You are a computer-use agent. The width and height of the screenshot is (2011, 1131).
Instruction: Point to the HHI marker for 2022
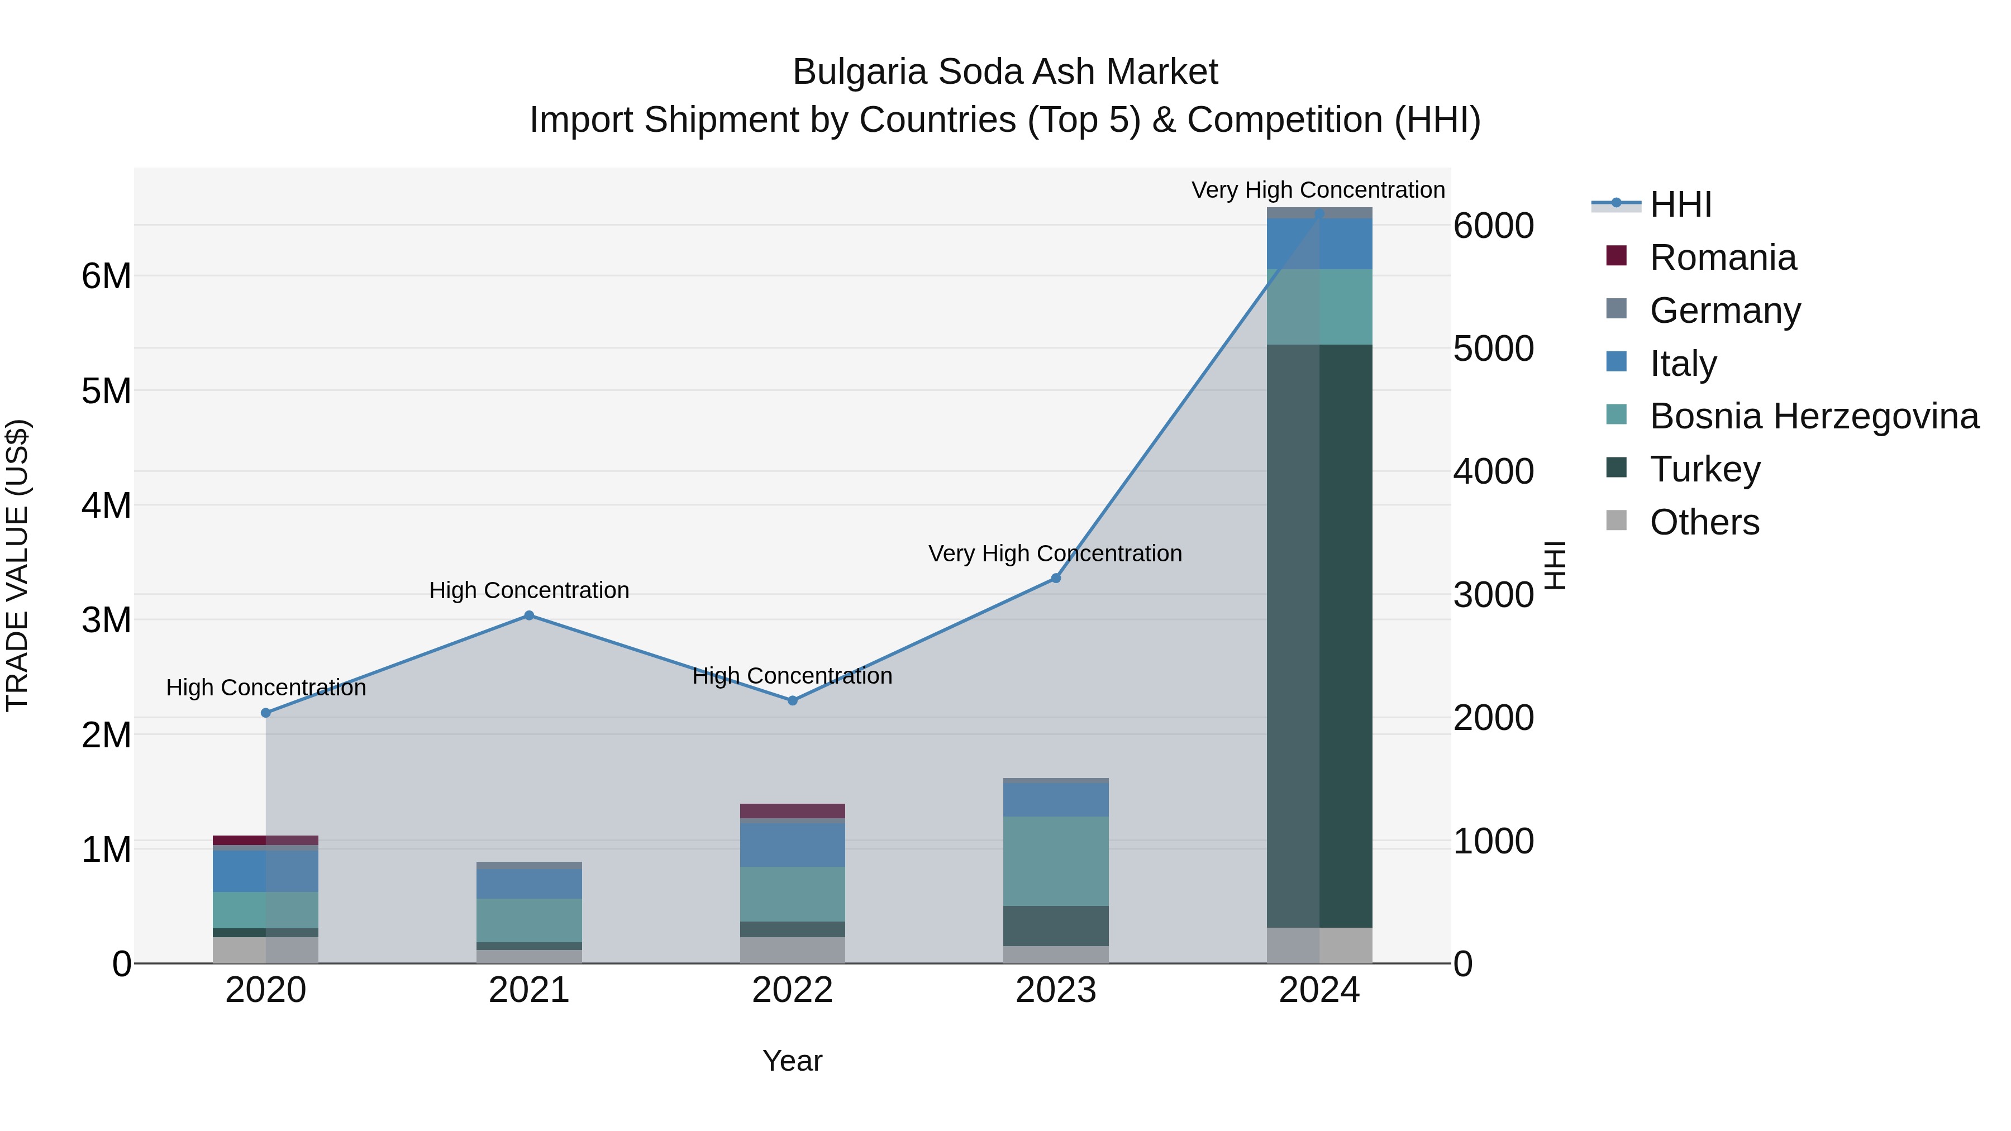[x=792, y=701]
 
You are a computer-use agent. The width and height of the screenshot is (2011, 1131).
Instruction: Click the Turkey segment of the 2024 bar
[x=1319, y=636]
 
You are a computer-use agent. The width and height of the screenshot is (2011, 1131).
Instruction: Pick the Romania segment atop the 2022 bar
[x=792, y=811]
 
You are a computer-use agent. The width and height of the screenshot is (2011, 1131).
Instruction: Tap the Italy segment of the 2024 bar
[x=1319, y=244]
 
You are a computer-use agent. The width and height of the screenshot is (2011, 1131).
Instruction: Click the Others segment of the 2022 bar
[x=792, y=950]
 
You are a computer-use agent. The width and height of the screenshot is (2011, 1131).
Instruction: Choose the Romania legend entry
[x=1722, y=257]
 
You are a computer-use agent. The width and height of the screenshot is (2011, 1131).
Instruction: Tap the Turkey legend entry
[x=1704, y=469]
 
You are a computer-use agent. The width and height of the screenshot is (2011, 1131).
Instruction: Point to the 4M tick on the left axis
[x=106, y=505]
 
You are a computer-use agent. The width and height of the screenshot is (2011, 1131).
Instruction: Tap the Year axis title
[x=792, y=1061]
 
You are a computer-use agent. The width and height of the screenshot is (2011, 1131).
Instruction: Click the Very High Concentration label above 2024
[x=1318, y=190]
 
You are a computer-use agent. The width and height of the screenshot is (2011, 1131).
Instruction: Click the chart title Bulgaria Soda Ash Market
[x=1005, y=72]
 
